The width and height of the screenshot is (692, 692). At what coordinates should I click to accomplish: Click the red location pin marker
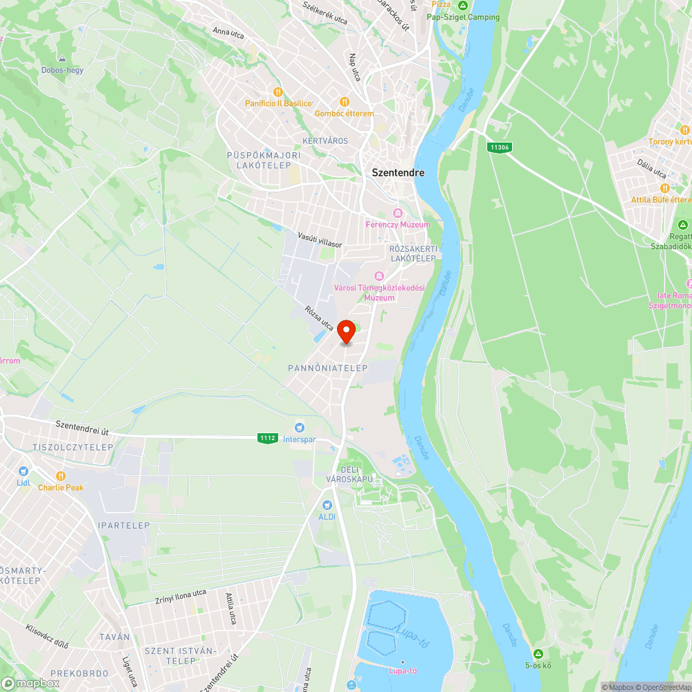[x=346, y=332]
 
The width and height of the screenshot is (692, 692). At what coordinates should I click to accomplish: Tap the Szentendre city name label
[x=398, y=173]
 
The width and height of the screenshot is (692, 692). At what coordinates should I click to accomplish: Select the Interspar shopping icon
[x=300, y=428]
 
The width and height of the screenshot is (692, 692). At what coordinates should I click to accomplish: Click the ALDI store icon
[x=327, y=505]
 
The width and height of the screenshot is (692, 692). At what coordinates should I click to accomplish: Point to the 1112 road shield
[x=268, y=438]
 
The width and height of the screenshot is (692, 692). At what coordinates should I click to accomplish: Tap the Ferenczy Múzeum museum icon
[x=397, y=213]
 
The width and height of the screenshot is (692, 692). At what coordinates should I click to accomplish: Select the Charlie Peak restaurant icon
[x=60, y=476]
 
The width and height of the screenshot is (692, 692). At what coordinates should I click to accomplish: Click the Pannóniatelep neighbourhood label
[x=328, y=368]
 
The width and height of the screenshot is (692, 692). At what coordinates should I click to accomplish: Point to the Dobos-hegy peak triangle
[x=62, y=60]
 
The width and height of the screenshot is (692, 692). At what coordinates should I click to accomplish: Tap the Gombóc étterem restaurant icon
[x=344, y=102]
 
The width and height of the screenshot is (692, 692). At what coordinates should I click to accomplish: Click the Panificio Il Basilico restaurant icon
[x=278, y=92]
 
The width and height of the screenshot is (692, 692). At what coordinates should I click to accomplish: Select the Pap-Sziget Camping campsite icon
[x=463, y=6]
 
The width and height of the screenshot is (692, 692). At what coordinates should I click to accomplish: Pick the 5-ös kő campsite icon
[x=538, y=654]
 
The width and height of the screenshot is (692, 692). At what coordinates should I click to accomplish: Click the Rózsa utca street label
[x=319, y=318]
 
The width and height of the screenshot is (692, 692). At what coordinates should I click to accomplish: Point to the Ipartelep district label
[x=124, y=525]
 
